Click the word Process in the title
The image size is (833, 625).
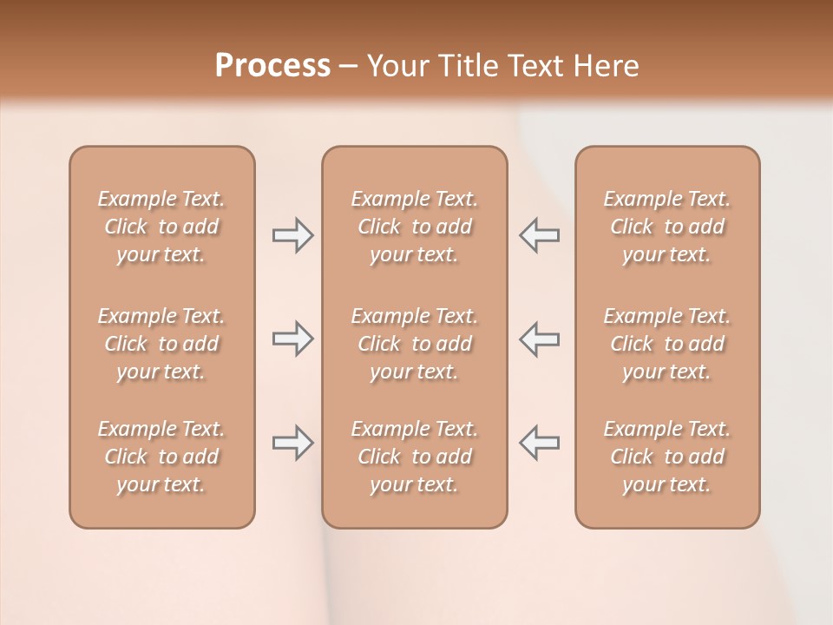click(272, 66)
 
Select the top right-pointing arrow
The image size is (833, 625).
click(292, 235)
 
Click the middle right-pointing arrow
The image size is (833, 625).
click(292, 339)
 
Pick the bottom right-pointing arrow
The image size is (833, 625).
click(292, 443)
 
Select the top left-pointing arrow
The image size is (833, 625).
click(539, 235)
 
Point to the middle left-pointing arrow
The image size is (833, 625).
click(539, 339)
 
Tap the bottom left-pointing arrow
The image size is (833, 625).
click(539, 443)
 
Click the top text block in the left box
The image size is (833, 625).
click(161, 227)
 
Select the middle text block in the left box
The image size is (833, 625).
click(161, 344)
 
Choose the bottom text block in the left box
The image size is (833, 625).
click(161, 457)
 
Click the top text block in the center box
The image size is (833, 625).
click(414, 227)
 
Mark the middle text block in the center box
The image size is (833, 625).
click(414, 344)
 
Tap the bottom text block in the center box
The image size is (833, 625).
click(414, 457)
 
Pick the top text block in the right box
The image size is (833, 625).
click(667, 227)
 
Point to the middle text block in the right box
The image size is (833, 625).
click(667, 344)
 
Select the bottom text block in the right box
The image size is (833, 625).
click(667, 457)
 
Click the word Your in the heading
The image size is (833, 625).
click(397, 66)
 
